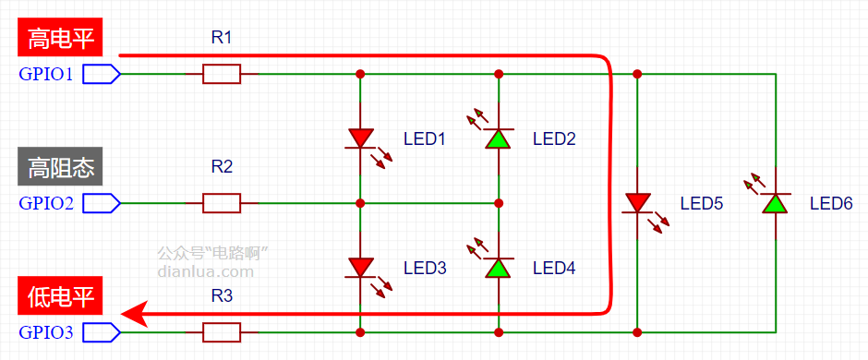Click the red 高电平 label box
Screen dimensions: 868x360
(61, 38)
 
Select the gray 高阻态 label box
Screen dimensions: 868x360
(61, 166)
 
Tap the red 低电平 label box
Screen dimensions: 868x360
(61, 296)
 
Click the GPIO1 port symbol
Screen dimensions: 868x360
(102, 74)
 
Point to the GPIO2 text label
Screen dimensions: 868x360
(46, 203)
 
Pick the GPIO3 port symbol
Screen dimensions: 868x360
(102, 332)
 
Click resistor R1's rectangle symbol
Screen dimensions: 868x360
(222, 74)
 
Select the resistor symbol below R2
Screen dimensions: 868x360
(222, 203)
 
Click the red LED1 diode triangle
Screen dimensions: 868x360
(360, 138)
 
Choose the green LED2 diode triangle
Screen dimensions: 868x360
(499, 138)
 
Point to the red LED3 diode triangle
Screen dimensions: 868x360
(360, 267)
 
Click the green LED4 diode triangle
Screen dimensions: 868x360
(499, 268)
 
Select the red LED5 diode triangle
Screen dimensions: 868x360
(637, 202)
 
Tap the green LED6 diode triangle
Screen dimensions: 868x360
(775, 203)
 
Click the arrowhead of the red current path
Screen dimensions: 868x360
(133, 314)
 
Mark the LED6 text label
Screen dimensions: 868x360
(831, 203)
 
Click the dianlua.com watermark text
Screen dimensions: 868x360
(205, 271)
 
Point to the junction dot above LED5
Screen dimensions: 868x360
(637, 74)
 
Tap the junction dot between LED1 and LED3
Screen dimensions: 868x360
(360, 203)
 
